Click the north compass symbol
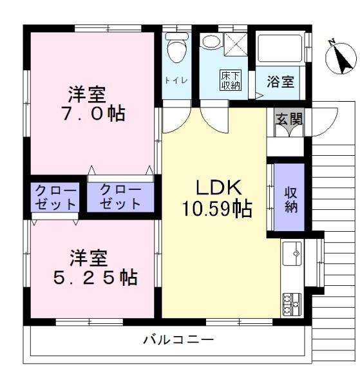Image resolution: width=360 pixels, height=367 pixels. click(x=341, y=57)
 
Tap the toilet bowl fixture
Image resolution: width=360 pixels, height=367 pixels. click(x=177, y=48)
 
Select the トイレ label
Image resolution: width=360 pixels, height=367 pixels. click(x=176, y=80)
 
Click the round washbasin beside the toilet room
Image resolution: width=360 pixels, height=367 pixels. click(x=211, y=41)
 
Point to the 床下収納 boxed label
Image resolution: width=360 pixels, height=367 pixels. click(x=231, y=80)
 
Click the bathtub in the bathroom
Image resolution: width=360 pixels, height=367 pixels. click(x=279, y=48)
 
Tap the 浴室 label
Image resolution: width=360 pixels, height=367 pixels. click(x=280, y=82)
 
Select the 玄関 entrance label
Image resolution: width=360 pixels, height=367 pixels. click(x=289, y=119)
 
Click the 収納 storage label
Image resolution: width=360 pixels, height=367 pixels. click(x=290, y=200)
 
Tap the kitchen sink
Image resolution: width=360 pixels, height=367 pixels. click(x=292, y=254)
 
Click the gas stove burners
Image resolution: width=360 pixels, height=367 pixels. click(x=292, y=305)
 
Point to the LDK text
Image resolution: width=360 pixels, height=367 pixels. click(x=218, y=187)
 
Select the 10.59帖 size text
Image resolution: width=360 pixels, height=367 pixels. click(x=217, y=209)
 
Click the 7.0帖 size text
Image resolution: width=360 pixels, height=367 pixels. click(x=93, y=114)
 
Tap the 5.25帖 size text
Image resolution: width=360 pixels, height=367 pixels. click(x=95, y=278)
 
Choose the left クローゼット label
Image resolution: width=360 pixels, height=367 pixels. click(x=55, y=198)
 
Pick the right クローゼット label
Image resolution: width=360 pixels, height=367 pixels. click(x=120, y=197)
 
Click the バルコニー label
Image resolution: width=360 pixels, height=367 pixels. click(x=178, y=339)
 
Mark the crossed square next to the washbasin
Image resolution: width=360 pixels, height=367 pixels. click(x=236, y=44)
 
